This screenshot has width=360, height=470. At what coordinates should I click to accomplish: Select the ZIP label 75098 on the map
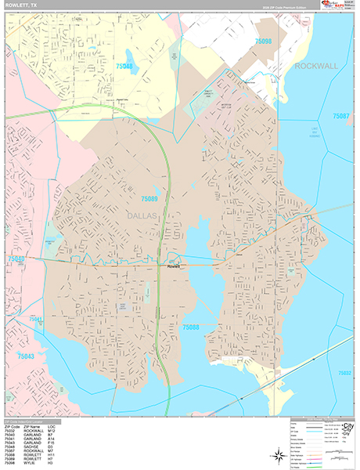263,42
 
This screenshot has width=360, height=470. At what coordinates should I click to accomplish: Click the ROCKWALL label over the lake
316,67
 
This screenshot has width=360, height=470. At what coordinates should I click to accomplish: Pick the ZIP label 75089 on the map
149,200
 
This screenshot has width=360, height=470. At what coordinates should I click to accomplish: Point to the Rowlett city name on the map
173,266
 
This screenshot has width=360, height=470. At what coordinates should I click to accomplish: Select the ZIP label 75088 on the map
191,327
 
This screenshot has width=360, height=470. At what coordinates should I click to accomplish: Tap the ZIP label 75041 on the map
36,320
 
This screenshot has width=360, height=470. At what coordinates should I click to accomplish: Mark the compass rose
278,455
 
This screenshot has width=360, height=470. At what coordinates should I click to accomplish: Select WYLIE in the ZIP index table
32,465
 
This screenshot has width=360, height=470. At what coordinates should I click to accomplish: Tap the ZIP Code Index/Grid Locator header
28,421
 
